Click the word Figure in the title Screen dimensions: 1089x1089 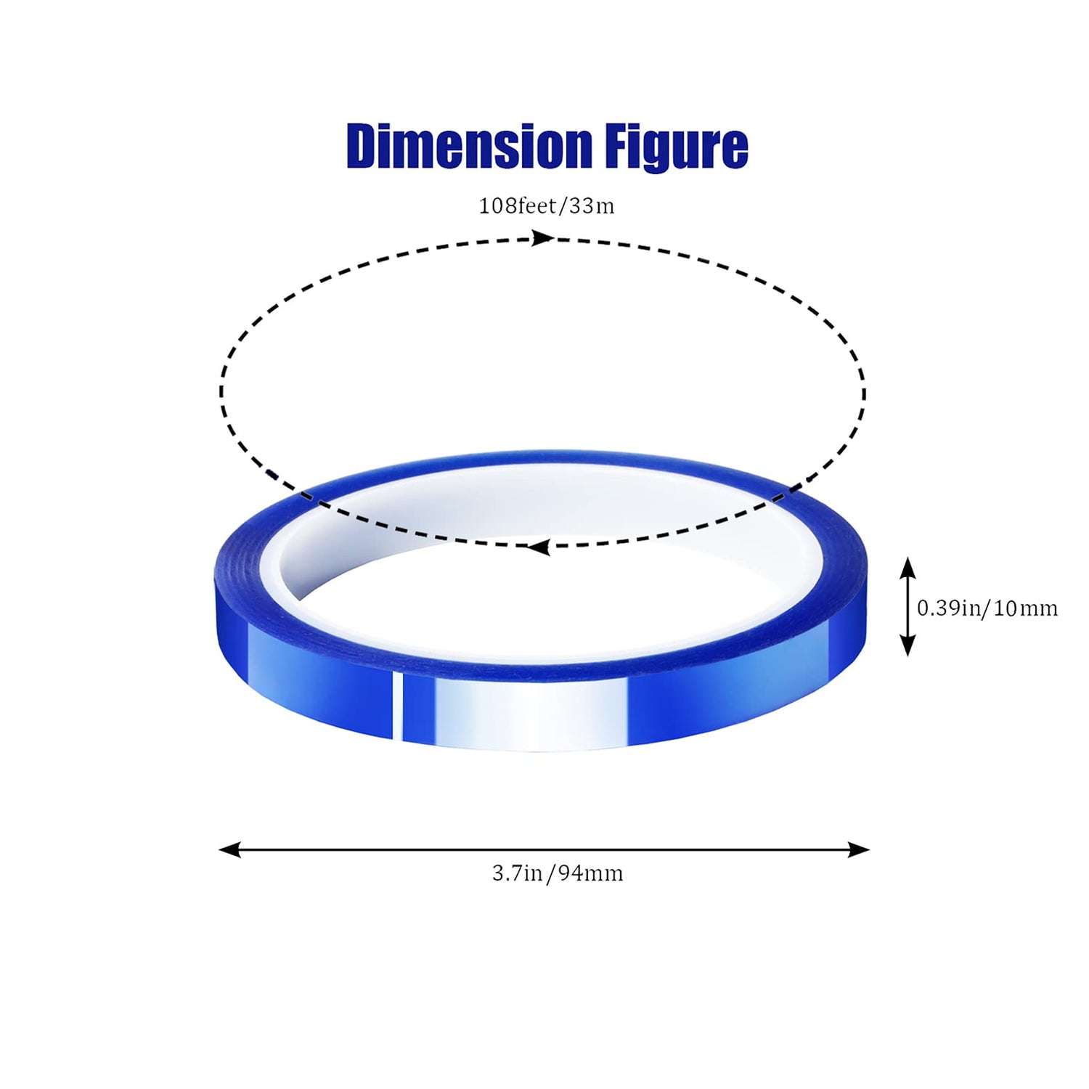pos(676,148)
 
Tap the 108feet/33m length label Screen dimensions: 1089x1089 pos(546,206)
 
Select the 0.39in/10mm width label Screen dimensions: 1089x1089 pos(987,608)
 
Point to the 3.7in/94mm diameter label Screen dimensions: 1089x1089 pos(558,873)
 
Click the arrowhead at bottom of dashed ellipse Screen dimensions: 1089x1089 pos(537,547)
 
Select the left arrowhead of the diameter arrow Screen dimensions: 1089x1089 pos(229,849)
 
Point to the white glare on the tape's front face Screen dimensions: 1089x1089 pos(530,715)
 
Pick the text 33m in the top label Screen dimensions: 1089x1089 pos(592,206)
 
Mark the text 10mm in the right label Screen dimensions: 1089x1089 pos(1025,608)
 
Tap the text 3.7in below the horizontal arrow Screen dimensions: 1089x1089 pos(517,873)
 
